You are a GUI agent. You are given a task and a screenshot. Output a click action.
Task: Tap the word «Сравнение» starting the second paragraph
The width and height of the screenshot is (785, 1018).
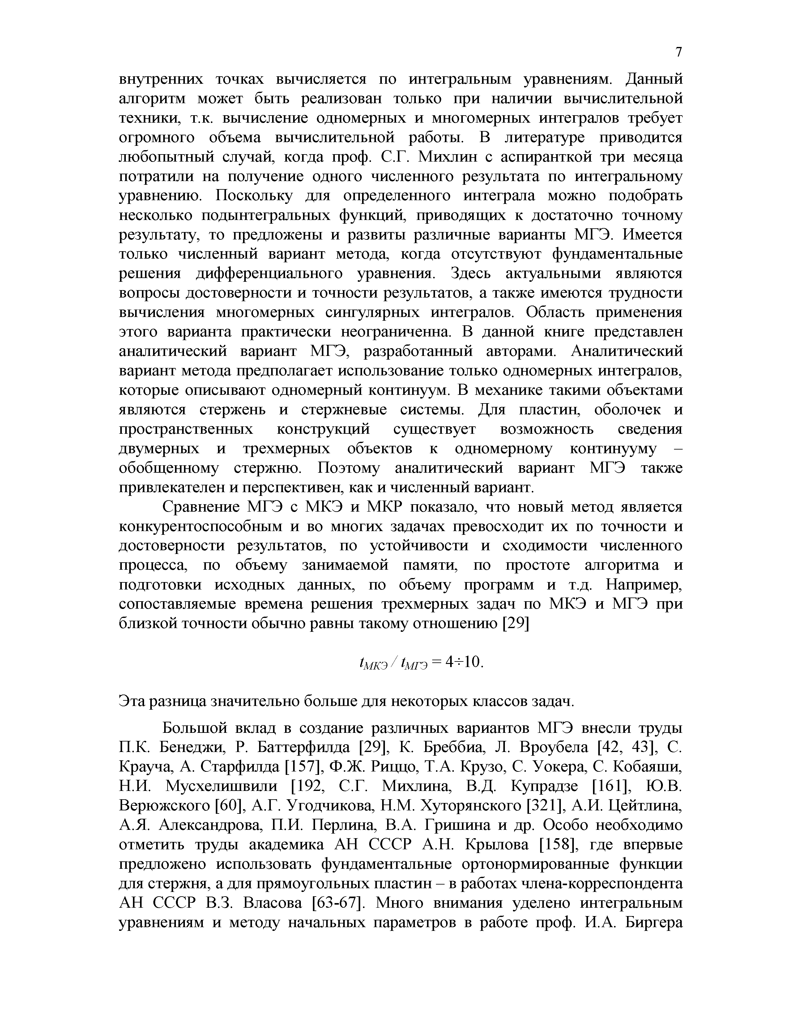[x=200, y=507]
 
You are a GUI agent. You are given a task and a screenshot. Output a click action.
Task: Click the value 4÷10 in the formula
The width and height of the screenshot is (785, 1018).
[x=465, y=662]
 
